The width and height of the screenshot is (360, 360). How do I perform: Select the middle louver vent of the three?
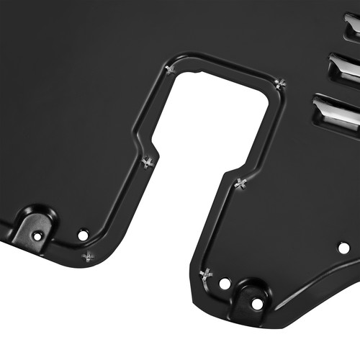(x=345, y=71)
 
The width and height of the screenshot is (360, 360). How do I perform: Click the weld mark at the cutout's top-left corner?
(x=170, y=69)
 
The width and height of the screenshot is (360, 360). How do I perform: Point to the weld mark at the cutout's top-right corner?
(x=280, y=84)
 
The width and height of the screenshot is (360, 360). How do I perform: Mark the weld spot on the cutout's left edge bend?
(x=148, y=162)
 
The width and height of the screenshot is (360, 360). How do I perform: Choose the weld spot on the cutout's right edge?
(x=240, y=183)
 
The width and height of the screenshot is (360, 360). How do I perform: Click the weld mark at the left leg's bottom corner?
(x=89, y=256)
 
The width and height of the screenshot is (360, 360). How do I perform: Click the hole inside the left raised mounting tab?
(x=37, y=235)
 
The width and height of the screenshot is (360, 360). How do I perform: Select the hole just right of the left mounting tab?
(x=83, y=234)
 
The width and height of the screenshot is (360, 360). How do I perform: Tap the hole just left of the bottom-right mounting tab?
(x=225, y=284)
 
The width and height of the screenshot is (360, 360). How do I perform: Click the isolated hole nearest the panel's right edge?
(x=343, y=248)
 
